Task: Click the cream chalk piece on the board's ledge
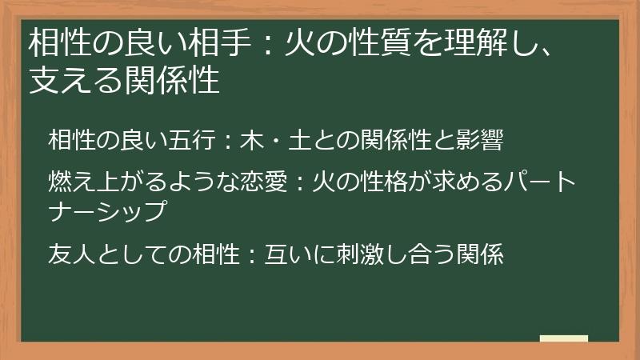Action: pyautogui.click(x=564, y=339)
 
